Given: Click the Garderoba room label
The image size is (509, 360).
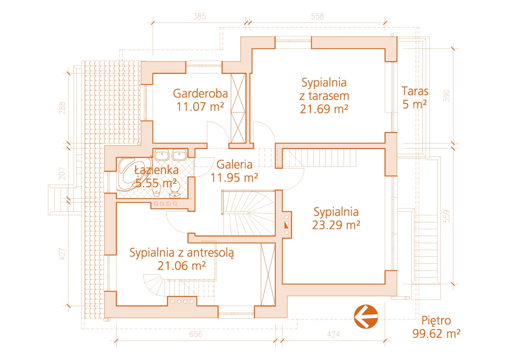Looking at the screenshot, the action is [200, 93].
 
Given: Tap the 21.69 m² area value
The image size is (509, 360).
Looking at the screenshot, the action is [324, 109].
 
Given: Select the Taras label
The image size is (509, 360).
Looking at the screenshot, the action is [415, 91].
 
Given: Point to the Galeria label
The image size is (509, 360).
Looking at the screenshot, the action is [234, 165].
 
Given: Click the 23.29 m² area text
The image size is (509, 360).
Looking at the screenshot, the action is [336, 225].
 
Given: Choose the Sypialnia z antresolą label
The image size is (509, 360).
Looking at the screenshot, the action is [182, 253].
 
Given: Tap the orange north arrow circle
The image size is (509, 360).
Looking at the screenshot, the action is [366, 317].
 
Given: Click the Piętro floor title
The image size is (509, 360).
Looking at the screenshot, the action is [436, 321].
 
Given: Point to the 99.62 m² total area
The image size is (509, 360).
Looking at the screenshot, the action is [436, 334].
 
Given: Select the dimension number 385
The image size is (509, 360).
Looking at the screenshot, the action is [199, 17].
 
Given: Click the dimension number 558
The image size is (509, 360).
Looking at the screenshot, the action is [317, 17].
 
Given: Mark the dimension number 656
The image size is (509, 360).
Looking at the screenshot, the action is [196, 334].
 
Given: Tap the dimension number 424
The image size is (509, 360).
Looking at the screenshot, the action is [333, 334].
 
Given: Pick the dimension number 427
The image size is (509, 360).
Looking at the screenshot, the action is [62, 254].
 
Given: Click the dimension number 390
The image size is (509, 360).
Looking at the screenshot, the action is [447, 96].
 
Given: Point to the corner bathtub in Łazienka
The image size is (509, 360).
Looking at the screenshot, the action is [134, 174].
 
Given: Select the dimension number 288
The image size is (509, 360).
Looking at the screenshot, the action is [62, 108].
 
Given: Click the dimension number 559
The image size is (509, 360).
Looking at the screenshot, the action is [447, 216].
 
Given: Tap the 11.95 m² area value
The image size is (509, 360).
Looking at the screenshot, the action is [234, 178].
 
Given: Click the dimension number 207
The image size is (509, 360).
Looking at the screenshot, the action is [62, 174].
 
